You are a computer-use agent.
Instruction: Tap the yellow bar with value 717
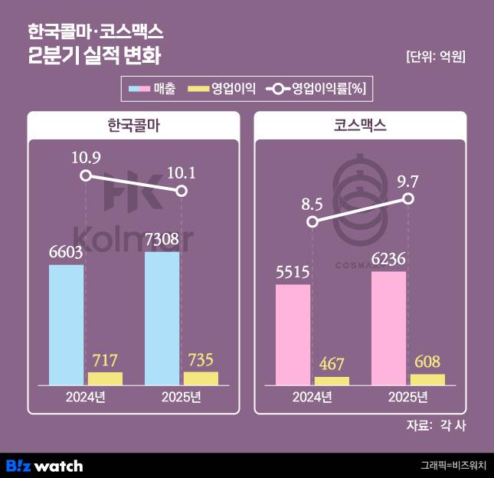[105, 378]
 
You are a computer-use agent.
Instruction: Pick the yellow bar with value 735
[201, 378]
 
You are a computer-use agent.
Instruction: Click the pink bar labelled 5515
[293, 334]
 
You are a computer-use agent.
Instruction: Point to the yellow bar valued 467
[332, 381]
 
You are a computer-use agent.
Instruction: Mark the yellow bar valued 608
[427, 379]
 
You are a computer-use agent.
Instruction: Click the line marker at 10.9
[86, 175]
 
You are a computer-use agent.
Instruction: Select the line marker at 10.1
[182, 191]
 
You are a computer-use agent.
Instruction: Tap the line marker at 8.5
[312, 221]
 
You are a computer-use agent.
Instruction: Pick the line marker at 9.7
[408, 198]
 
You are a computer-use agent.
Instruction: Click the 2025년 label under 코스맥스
[407, 397]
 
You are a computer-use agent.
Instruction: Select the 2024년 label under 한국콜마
[86, 397]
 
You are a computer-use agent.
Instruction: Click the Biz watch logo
[44, 465]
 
